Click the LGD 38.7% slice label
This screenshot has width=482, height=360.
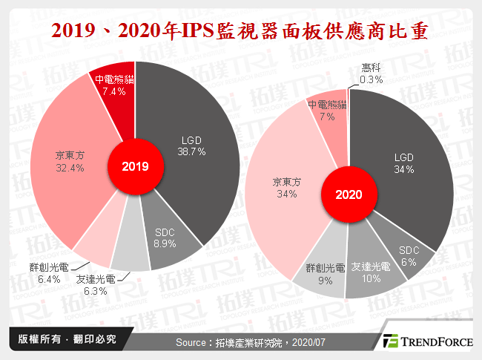192,145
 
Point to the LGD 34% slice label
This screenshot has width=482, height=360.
403,163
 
